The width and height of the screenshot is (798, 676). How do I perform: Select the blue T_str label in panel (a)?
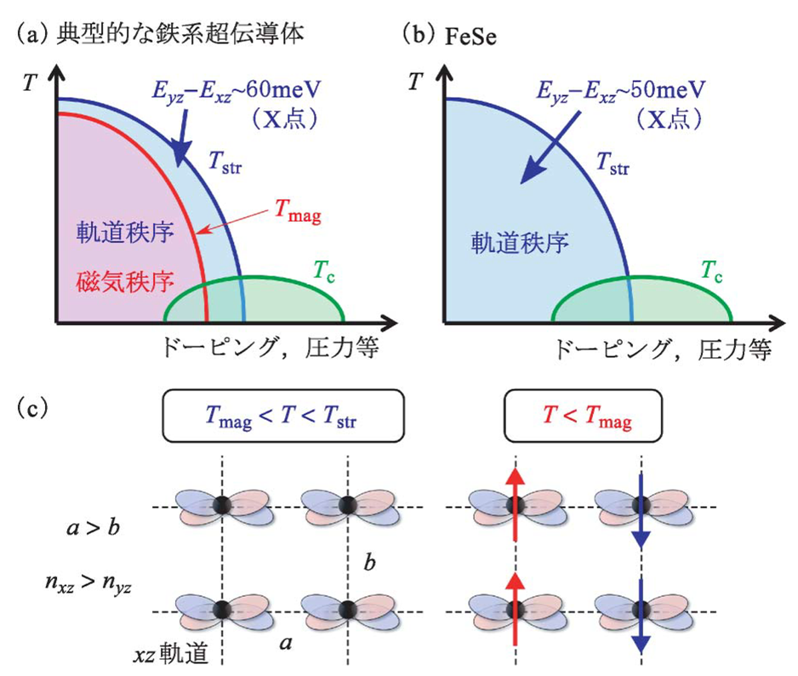point(225,163)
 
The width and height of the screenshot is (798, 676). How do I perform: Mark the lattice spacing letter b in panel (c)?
point(368,564)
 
